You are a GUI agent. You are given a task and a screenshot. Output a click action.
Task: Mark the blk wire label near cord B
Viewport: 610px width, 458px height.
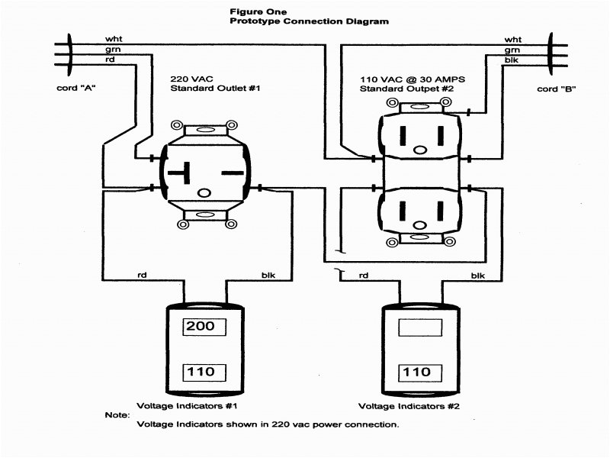point(512,60)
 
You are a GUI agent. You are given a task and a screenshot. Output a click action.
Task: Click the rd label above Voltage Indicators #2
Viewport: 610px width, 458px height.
point(363,275)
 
